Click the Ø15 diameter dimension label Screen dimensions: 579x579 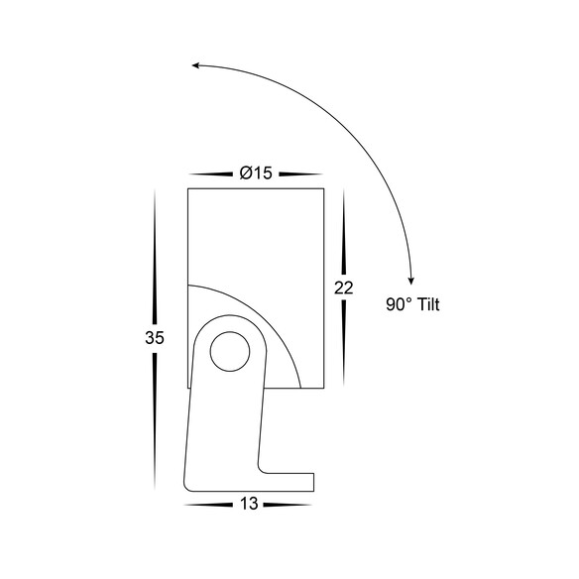[x=256, y=173]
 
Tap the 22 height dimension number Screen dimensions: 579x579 [x=344, y=288]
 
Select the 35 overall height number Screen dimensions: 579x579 [x=155, y=337]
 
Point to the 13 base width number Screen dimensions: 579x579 [x=249, y=504]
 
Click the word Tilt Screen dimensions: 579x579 [x=428, y=304]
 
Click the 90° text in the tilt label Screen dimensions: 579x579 [x=399, y=304]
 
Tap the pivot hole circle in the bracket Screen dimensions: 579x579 [x=230, y=351]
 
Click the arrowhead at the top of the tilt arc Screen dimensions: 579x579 [x=195, y=65]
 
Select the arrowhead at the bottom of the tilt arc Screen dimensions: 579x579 [x=411, y=281]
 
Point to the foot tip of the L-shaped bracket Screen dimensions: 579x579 [x=313, y=482]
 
